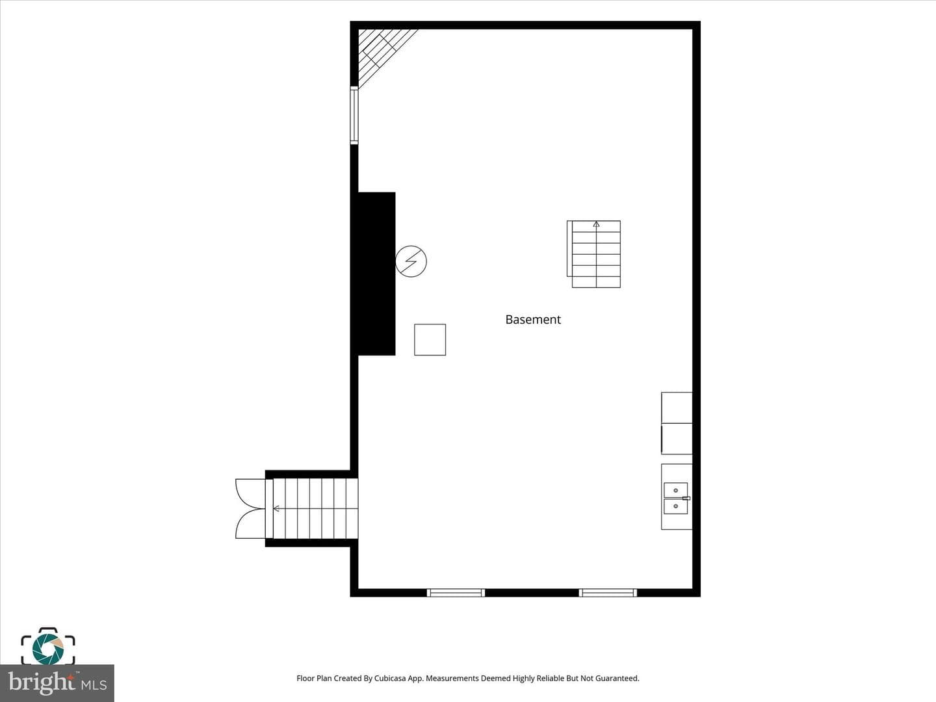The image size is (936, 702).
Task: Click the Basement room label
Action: [x=532, y=320]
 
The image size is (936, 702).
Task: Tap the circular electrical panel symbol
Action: [x=411, y=261]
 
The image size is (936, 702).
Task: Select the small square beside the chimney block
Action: [x=430, y=340]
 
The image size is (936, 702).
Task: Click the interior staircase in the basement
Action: [x=593, y=254]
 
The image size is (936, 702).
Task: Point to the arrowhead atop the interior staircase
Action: [x=596, y=224]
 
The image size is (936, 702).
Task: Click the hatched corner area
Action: [x=382, y=53]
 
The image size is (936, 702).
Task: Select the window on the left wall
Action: [x=354, y=115]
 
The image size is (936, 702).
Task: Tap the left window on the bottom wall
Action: [x=456, y=592]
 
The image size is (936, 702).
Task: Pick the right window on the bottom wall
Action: [x=608, y=592]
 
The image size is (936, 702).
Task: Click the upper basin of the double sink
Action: [x=675, y=490]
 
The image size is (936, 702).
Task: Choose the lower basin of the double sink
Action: [x=675, y=506]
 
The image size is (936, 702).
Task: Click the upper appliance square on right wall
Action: [x=677, y=408]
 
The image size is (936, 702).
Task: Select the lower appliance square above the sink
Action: [x=677, y=439]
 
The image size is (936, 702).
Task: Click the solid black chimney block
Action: [x=373, y=274]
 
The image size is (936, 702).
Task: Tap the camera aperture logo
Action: [x=47, y=649]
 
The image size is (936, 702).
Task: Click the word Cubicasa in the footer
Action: [x=390, y=678]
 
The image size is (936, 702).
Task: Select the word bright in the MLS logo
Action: [x=41, y=682]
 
